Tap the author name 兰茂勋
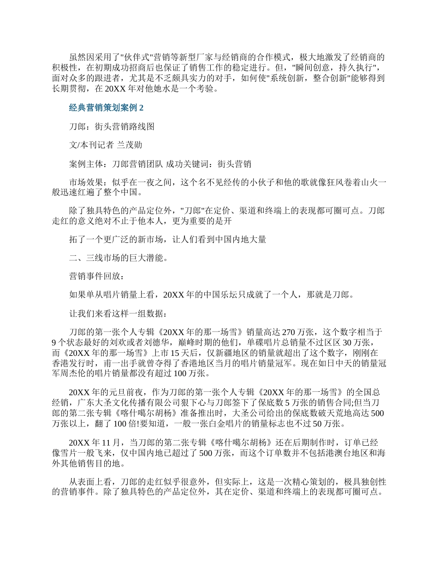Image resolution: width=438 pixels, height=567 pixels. coord(129,145)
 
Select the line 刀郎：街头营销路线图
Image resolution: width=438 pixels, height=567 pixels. coord(111,126)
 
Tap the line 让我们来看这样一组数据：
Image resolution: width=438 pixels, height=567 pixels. coord(119,313)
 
